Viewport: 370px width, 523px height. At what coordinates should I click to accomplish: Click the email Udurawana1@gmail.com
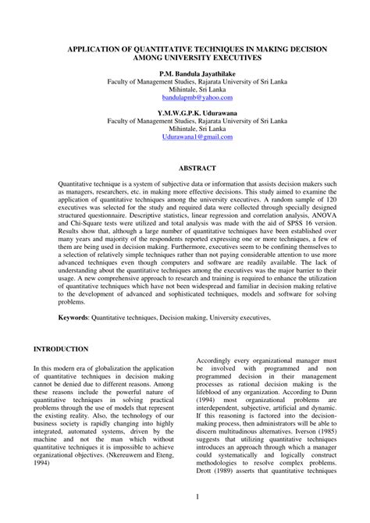(x=184, y=136)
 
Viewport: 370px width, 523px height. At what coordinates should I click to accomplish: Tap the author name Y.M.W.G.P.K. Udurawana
(x=185, y=111)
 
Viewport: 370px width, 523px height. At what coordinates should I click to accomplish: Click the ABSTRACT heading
(x=184, y=168)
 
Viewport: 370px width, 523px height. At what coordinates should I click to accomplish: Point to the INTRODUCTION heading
(x=61, y=349)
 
